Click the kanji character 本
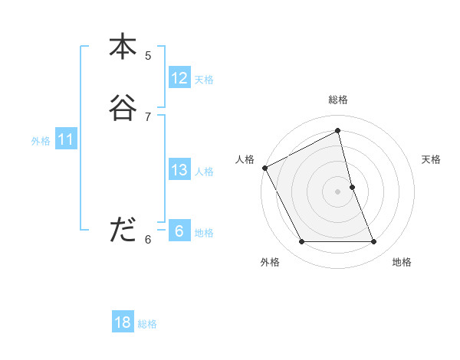pos(123,47)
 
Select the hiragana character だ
pos(123,229)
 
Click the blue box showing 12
pos(179,78)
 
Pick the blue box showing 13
pos(179,170)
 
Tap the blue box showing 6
pos(179,231)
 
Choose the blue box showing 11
pos(65,140)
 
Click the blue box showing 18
pos(123,322)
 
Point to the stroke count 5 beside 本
pos(148,56)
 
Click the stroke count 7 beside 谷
pos(148,116)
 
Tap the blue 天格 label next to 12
pos(204,80)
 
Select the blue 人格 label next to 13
pos(204,172)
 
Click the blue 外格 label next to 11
pos(41,141)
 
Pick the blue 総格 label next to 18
pos(147,324)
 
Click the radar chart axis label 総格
pos(338,100)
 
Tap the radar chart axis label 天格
pos(431,159)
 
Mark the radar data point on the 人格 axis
pos(264,168)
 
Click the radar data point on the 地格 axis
pos(374,242)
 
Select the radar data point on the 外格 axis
pos(301,242)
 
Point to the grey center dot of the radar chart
pos(338,191)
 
